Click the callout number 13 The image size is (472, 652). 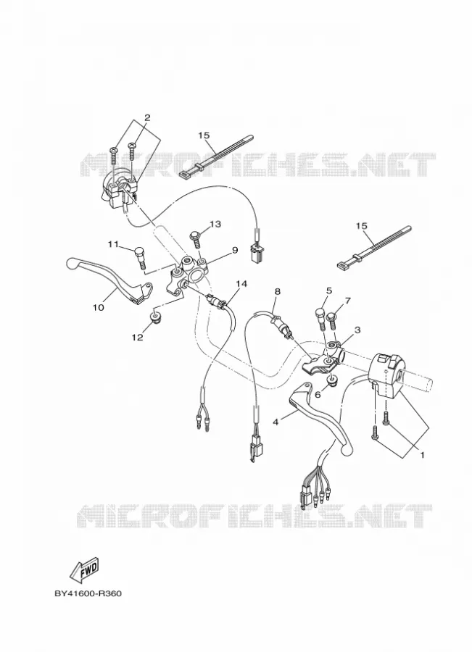(215, 224)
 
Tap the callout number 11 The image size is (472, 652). (113, 244)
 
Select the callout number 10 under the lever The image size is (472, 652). (98, 308)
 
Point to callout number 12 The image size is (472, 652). (137, 337)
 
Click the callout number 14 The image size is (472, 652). (241, 283)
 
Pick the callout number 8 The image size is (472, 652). (277, 291)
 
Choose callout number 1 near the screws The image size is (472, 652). (422, 454)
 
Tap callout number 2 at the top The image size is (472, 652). (147, 117)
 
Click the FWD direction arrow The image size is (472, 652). (85, 569)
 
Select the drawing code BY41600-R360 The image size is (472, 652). (88, 593)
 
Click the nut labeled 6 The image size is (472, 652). (332, 380)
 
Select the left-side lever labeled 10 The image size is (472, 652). (109, 280)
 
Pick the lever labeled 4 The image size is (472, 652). (323, 416)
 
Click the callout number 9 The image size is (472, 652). (234, 250)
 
